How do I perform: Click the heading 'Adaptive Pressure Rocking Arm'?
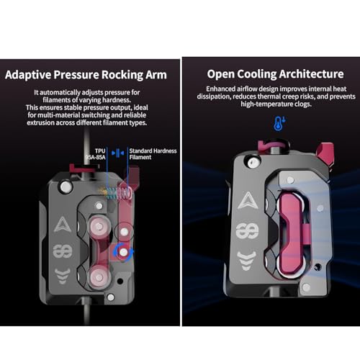click(x=86, y=75)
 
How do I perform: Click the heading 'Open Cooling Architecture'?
click(x=275, y=74)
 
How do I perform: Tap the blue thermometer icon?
click(x=279, y=124)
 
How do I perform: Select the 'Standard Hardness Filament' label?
click(x=153, y=154)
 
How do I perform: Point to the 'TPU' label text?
click(x=100, y=151)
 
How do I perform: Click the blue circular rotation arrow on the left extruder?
click(x=123, y=252)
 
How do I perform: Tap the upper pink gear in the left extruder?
click(x=99, y=227)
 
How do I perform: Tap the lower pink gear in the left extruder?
click(x=99, y=277)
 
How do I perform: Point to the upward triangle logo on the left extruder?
click(x=62, y=225)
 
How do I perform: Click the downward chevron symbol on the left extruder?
click(x=63, y=276)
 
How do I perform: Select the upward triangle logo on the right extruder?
click(x=248, y=200)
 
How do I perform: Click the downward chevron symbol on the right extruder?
click(x=246, y=261)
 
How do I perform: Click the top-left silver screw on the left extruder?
click(x=66, y=186)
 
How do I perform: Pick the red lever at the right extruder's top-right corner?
click(x=325, y=153)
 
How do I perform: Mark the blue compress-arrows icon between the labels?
click(x=118, y=153)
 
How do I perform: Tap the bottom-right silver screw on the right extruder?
click(x=306, y=287)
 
